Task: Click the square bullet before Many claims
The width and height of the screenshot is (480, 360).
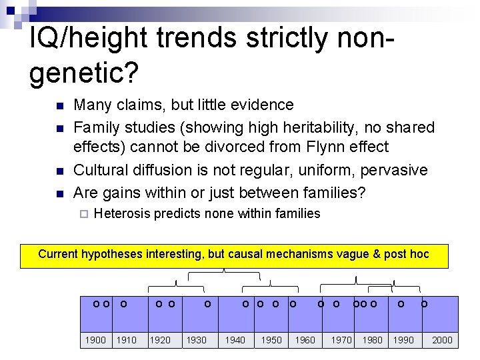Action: (59, 106)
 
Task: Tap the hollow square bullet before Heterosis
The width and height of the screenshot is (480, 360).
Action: (83, 215)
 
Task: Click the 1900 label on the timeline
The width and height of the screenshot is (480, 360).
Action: (95, 340)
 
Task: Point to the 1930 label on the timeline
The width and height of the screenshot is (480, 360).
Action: (196, 340)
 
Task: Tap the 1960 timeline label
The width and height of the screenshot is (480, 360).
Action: (305, 340)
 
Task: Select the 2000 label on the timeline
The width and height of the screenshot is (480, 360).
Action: (442, 340)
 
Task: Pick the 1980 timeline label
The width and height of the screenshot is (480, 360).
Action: (372, 340)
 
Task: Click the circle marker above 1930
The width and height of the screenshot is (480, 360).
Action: (207, 304)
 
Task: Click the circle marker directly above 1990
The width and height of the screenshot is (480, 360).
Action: (401, 304)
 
